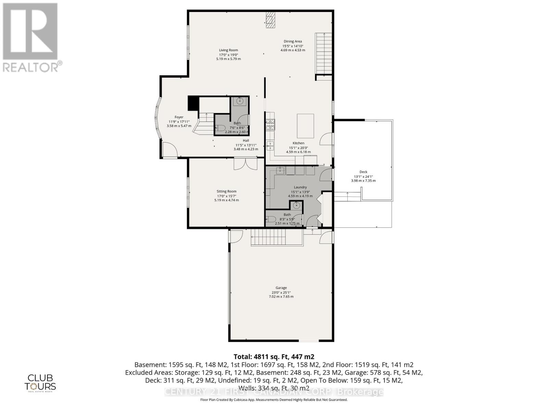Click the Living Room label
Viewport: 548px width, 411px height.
(x=228, y=50)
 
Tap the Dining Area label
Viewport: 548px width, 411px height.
(x=292, y=41)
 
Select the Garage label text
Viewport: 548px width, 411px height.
(x=281, y=288)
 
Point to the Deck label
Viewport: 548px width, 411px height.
(x=363, y=172)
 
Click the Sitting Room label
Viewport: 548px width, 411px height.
(x=226, y=191)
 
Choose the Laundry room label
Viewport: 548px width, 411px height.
(x=300, y=187)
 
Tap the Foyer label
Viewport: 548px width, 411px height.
(x=179, y=117)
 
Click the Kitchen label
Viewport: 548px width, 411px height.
(x=298, y=143)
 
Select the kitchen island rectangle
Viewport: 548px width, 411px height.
(x=305, y=126)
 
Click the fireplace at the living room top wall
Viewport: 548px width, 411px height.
(x=270, y=20)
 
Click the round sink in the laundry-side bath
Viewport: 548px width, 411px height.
(x=297, y=206)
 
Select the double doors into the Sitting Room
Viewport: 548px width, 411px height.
(x=245, y=163)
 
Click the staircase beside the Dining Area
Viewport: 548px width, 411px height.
(x=323, y=53)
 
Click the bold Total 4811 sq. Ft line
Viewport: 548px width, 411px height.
(x=274, y=357)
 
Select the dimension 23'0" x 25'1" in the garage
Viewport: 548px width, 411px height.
(x=281, y=292)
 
